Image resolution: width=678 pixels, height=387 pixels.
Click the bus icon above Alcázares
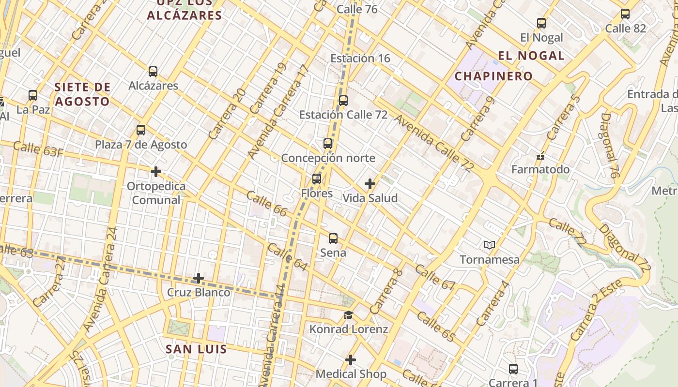tap(153, 72)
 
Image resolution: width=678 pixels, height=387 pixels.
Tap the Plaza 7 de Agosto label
tap(141, 145)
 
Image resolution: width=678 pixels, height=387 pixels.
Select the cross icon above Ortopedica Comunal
tap(156, 172)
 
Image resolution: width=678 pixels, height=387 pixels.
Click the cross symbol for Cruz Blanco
tap(199, 278)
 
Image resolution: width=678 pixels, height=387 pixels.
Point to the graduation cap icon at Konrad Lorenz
tap(348, 315)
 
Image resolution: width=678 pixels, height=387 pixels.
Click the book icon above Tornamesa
tap(490, 245)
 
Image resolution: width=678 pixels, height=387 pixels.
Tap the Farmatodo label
tap(540, 170)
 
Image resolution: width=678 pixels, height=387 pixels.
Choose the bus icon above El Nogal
tap(541, 23)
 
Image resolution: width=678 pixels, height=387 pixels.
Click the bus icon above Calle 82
tap(625, 14)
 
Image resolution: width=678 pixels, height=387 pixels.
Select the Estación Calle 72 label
tap(343, 115)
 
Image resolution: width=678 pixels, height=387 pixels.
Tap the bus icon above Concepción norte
tap(328, 144)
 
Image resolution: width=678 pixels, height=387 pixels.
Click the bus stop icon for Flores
tap(317, 179)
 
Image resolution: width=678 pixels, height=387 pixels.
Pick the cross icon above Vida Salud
tap(370, 184)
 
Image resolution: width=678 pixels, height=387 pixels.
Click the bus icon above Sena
tap(333, 238)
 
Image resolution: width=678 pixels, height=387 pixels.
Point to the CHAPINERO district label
tap(493, 76)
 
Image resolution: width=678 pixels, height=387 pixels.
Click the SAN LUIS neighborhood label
tap(196, 349)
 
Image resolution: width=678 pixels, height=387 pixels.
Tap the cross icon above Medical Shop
tap(351, 360)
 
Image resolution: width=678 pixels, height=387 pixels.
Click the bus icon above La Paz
tap(33, 95)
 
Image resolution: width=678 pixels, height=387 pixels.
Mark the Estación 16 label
tap(360, 59)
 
